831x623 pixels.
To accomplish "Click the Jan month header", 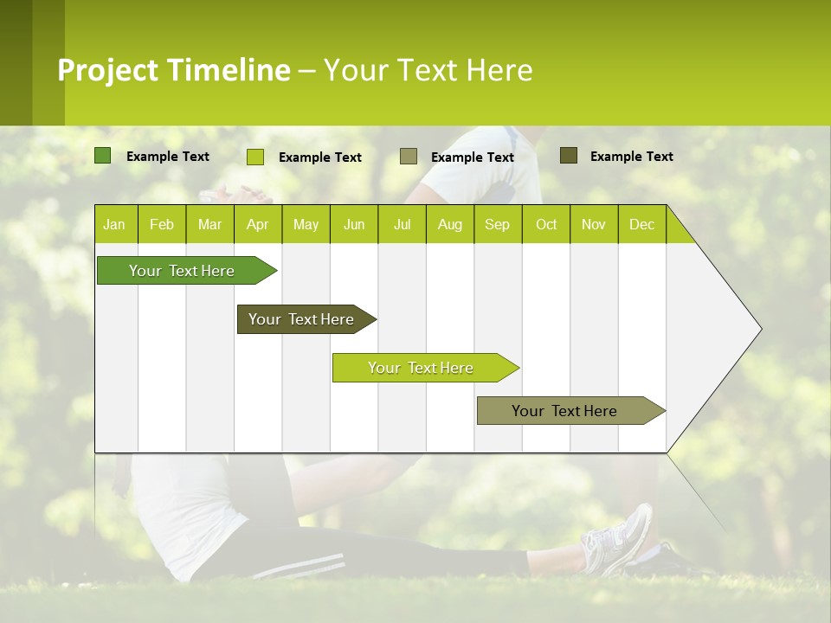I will click(114, 224).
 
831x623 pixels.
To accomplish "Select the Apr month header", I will click(257, 224).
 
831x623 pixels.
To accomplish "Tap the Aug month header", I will click(449, 224).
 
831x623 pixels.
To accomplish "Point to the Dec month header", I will click(641, 224).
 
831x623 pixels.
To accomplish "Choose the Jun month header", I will click(353, 224).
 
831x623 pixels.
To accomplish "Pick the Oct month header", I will click(545, 224).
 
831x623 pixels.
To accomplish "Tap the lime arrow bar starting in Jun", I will click(422, 368).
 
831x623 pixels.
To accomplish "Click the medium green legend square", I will click(103, 156).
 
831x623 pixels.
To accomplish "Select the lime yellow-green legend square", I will click(255, 157).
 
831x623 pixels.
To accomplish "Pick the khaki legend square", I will click(409, 156).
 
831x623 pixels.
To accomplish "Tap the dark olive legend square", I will click(569, 156).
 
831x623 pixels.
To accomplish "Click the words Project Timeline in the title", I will click(174, 70).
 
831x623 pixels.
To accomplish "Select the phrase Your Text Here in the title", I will click(428, 70).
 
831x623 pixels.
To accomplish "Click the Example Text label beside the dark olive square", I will click(631, 157).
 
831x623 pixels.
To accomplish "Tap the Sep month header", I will click(497, 224).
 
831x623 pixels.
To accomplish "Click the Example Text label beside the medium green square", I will click(168, 157).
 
